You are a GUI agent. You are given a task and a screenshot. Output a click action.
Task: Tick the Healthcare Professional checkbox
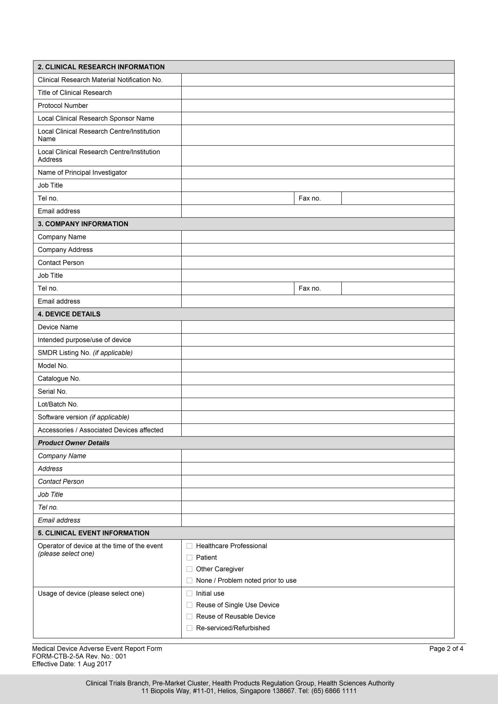[x=190, y=546]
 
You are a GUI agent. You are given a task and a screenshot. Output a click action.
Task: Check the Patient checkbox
[x=190, y=557]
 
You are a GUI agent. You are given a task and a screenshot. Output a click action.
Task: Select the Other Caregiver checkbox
[x=190, y=569]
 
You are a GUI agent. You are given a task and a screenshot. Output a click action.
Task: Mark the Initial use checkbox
[x=190, y=593]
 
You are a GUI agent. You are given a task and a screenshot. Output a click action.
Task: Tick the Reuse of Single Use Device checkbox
[x=190, y=605]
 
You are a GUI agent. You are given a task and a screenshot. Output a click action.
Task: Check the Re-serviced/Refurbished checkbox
[x=190, y=628]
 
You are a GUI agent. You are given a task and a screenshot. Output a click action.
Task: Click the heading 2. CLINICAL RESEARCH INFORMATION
[x=101, y=67]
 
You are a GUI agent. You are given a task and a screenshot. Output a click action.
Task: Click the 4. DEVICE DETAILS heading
[x=69, y=314]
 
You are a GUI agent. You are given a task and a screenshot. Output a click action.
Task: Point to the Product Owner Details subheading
[x=74, y=443]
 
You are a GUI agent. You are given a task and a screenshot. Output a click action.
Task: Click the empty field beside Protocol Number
[x=317, y=106]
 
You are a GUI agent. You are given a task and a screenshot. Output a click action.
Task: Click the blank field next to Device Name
[x=317, y=327]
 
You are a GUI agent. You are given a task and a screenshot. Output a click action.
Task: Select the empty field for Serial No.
[x=317, y=391]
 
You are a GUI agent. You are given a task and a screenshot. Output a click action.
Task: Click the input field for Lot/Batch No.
[x=317, y=404]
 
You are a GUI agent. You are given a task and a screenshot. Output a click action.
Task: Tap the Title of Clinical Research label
[x=75, y=93]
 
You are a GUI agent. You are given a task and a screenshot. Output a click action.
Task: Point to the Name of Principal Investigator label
[x=82, y=172]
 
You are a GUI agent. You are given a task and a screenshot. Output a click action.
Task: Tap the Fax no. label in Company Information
[x=310, y=288]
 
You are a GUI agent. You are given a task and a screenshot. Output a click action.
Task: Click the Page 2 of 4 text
[x=446, y=649]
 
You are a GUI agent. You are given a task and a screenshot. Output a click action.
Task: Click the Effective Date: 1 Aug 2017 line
[x=72, y=664]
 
